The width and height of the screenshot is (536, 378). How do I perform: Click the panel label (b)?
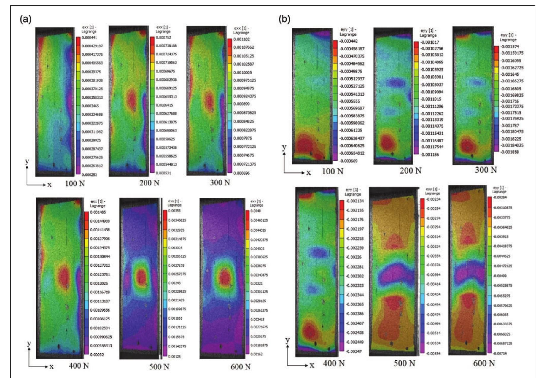tap(284, 20)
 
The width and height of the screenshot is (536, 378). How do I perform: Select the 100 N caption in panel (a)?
tap(75, 183)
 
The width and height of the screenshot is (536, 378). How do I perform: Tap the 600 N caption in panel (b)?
tap(484, 363)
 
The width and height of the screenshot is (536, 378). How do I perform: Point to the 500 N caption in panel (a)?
tap(159, 367)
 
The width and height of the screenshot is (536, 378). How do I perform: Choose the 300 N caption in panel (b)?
tap(486, 170)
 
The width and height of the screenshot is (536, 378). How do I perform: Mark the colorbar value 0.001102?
tap(241, 39)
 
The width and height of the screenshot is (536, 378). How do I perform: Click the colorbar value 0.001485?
tap(98, 212)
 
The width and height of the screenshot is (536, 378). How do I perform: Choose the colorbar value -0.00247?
tap(353, 351)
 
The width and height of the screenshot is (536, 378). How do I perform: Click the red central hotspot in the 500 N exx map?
tap(141, 277)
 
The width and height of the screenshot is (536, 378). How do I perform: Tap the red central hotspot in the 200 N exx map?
tap(131, 99)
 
